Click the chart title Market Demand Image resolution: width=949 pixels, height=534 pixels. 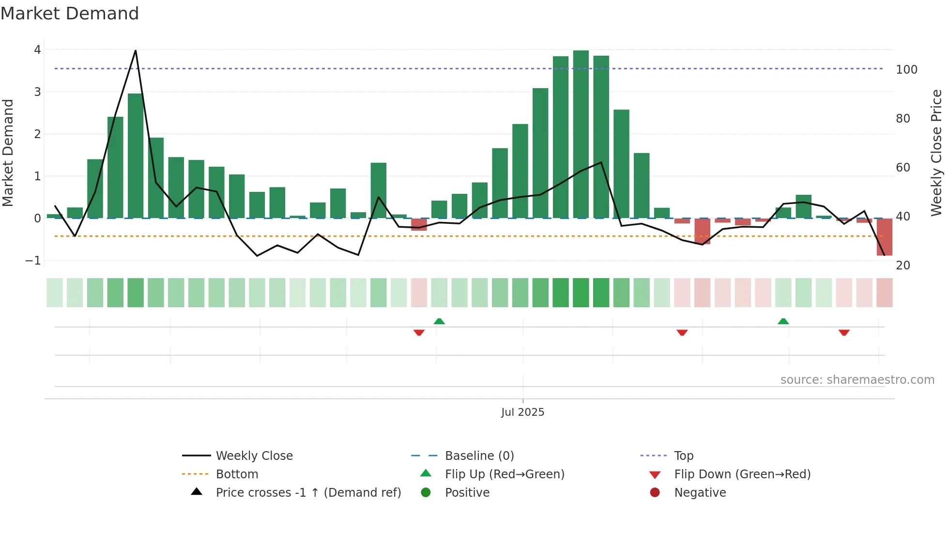pyautogui.click(x=70, y=14)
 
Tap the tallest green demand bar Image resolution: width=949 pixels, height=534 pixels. pyautogui.click(x=581, y=136)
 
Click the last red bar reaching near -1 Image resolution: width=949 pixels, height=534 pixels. pyautogui.click(x=884, y=237)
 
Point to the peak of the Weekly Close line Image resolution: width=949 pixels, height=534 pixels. pyautogui.click(x=136, y=50)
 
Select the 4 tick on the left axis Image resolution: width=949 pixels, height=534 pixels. pyautogui.click(x=37, y=50)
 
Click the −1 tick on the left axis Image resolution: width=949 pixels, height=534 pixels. pyautogui.click(x=33, y=261)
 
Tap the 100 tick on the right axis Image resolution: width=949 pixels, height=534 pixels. pyautogui.click(x=906, y=70)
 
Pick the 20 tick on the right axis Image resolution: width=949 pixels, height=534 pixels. pyautogui.click(x=903, y=266)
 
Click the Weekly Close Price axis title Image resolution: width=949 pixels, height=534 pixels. pyautogui.click(x=936, y=153)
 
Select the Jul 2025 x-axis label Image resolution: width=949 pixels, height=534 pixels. pyautogui.click(x=522, y=412)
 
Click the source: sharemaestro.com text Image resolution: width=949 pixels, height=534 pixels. pyautogui.click(x=857, y=380)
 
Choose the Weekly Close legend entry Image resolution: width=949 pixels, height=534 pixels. pyautogui.click(x=254, y=456)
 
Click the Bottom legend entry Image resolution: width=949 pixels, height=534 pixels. pyautogui.click(x=237, y=474)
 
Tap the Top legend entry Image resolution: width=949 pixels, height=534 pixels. pyautogui.click(x=684, y=456)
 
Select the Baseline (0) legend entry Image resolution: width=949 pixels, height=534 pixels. pyautogui.click(x=479, y=456)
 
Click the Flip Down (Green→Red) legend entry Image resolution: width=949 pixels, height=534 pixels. pyautogui.click(x=742, y=474)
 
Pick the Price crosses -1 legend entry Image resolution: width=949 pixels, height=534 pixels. pyautogui.click(x=308, y=493)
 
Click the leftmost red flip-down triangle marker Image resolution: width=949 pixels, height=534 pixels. pyautogui.click(x=419, y=332)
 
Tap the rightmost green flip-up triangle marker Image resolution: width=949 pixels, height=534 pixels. pyautogui.click(x=783, y=321)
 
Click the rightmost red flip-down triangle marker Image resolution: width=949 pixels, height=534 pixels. pyautogui.click(x=844, y=332)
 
